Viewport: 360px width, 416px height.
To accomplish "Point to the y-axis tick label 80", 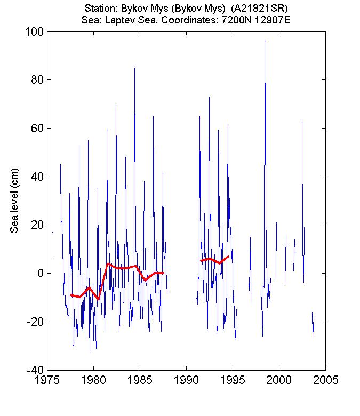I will pyautogui.click(x=36, y=80).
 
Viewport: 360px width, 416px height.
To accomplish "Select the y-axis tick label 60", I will pyautogui.click(x=36, y=128).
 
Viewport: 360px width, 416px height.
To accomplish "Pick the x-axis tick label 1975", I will pyautogui.click(x=47, y=381).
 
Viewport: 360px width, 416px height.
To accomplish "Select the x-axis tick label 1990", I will pyautogui.click(x=186, y=381).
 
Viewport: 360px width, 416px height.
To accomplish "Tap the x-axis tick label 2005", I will pyautogui.click(x=325, y=381).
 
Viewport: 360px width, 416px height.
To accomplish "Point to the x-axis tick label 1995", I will pyautogui.click(x=233, y=381).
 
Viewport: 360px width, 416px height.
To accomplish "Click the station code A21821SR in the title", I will pyautogui.click(x=260, y=9).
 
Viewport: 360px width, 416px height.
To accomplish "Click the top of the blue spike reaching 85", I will pyautogui.click(x=134, y=68).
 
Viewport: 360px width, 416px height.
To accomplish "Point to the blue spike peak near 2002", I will pyautogui.click(x=302, y=121).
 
